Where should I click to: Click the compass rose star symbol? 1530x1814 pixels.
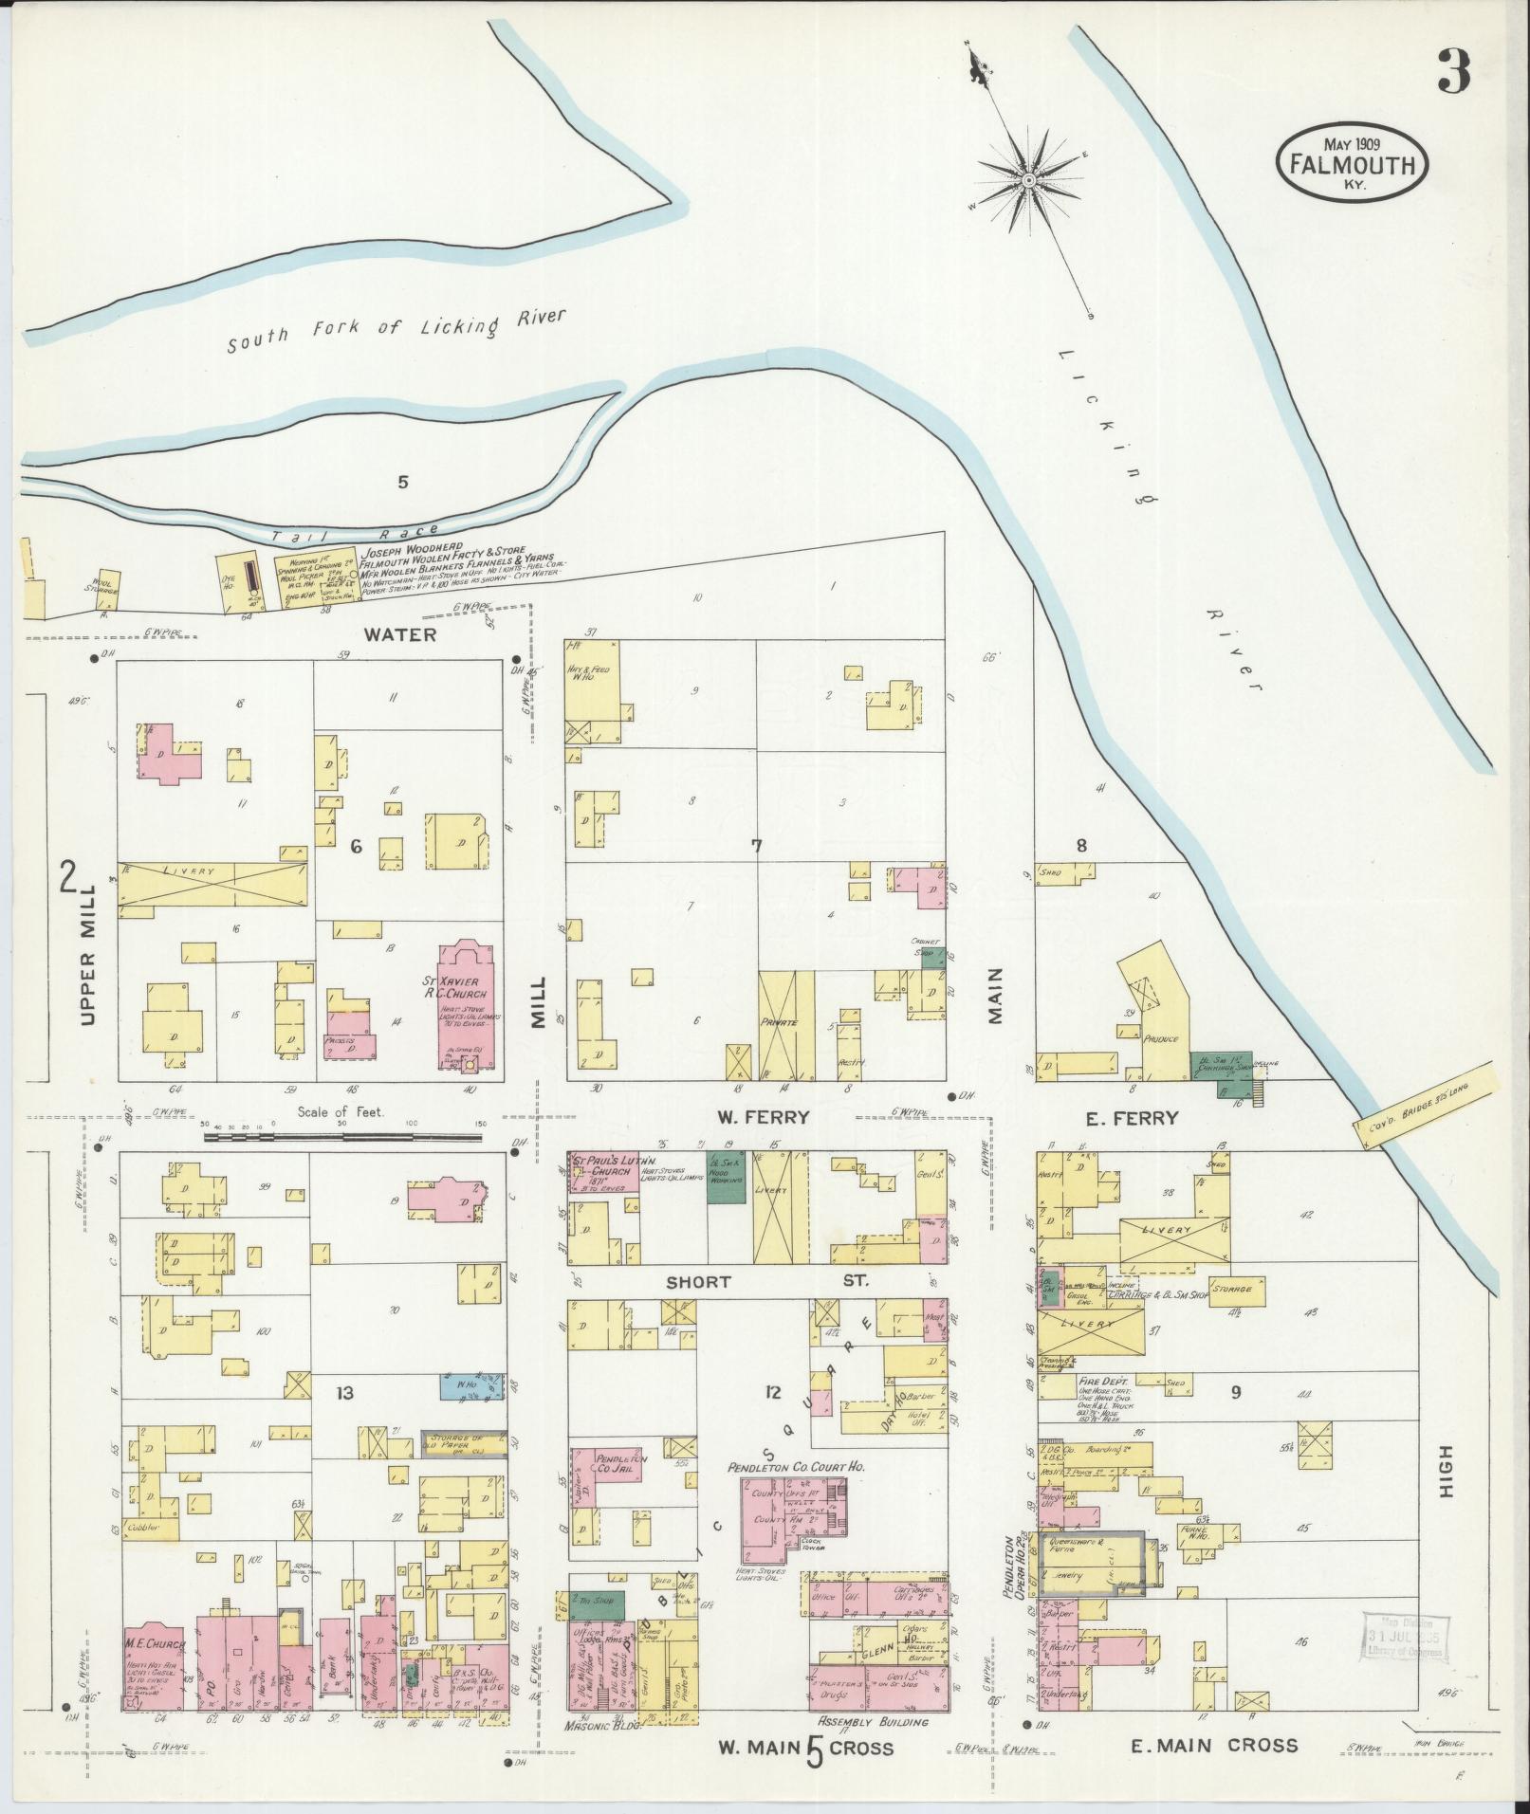(1028, 178)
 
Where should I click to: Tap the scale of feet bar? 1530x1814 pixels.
(346, 1134)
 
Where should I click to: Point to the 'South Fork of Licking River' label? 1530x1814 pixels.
(396, 331)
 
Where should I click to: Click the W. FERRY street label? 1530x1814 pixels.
(764, 1117)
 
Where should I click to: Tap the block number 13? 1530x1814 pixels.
(344, 1392)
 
